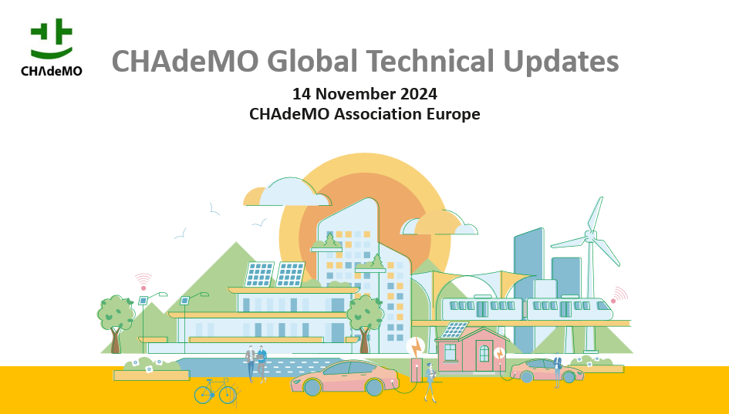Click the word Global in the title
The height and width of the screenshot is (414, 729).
click(312, 61)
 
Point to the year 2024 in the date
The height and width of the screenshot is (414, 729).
click(418, 94)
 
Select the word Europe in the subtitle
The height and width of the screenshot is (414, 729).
click(454, 114)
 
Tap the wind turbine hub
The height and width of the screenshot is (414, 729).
click(590, 237)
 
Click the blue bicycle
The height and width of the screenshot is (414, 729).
click(215, 391)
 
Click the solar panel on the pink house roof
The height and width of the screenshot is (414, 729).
click(454, 330)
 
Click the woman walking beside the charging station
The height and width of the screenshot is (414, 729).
click(430, 382)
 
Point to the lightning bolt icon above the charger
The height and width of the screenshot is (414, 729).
click(416, 347)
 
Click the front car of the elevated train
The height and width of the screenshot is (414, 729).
click(569, 308)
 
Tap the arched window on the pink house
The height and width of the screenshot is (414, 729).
click(484, 354)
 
